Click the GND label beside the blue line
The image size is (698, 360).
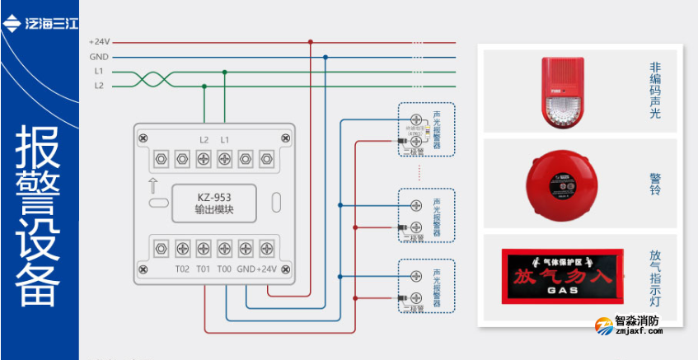coord(99,57)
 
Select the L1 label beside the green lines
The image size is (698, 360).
coord(99,72)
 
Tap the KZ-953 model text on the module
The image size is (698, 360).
coord(213,198)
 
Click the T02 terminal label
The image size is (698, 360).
coord(182,269)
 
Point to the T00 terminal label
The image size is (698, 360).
coord(223,269)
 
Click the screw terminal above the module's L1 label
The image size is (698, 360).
coord(224,157)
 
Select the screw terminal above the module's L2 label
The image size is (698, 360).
coord(204,157)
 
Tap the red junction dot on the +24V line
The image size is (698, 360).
coord(311,42)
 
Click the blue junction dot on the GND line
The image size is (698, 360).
coord(326,57)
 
